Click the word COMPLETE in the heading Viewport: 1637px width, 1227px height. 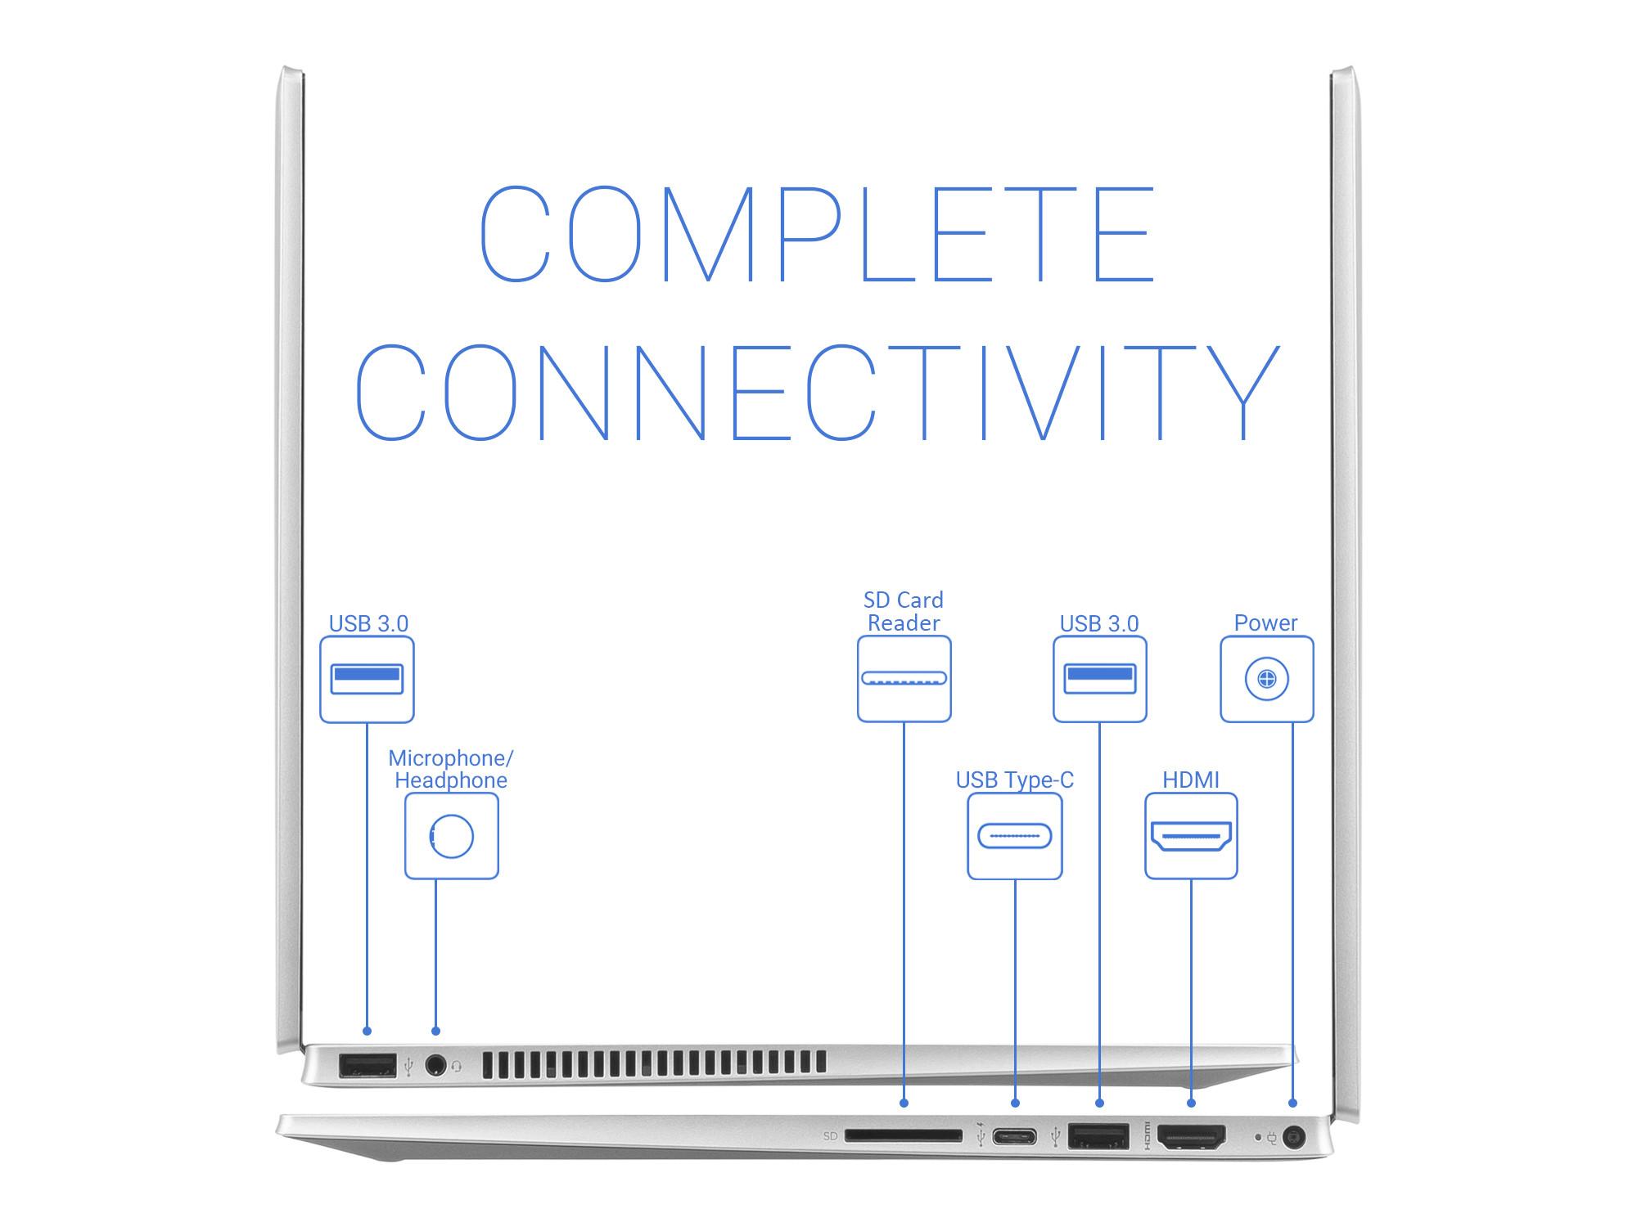pyautogui.click(x=817, y=234)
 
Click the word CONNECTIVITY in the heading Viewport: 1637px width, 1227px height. pyautogui.click(x=817, y=393)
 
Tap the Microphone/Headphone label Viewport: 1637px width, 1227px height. pyautogui.click(x=451, y=769)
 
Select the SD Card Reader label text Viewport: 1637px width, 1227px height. pyautogui.click(x=904, y=611)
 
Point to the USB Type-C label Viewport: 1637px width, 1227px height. pyautogui.click(x=1014, y=780)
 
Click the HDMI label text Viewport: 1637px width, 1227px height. pyautogui.click(x=1191, y=780)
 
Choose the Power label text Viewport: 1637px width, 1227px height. pyautogui.click(x=1265, y=622)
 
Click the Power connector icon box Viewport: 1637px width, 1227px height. pyautogui.click(x=1266, y=679)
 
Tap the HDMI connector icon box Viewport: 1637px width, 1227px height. pyautogui.click(x=1191, y=836)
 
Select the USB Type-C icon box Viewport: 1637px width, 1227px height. pyautogui.click(x=1014, y=836)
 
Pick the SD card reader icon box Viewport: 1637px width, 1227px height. pyautogui.click(x=904, y=679)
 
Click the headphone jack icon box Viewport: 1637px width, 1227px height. pyautogui.click(x=451, y=836)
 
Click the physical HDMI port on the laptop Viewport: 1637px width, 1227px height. pyautogui.click(x=1192, y=1136)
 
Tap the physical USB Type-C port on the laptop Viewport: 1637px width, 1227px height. pyautogui.click(x=1014, y=1136)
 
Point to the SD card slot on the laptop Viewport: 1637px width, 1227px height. pyautogui.click(x=904, y=1135)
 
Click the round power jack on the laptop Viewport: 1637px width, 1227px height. pyautogui.click(x=1293, y=1136)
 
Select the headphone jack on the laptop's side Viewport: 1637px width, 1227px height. pyautogui.click(x=435, y=1065)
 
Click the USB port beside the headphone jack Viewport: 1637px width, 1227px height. pyautogui.click(x=367, y=1065)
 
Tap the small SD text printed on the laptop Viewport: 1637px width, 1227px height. pyautogui.click(x=830, y=1136)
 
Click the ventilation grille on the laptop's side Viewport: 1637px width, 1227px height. pyautogui.click(x=654, y=1063)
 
